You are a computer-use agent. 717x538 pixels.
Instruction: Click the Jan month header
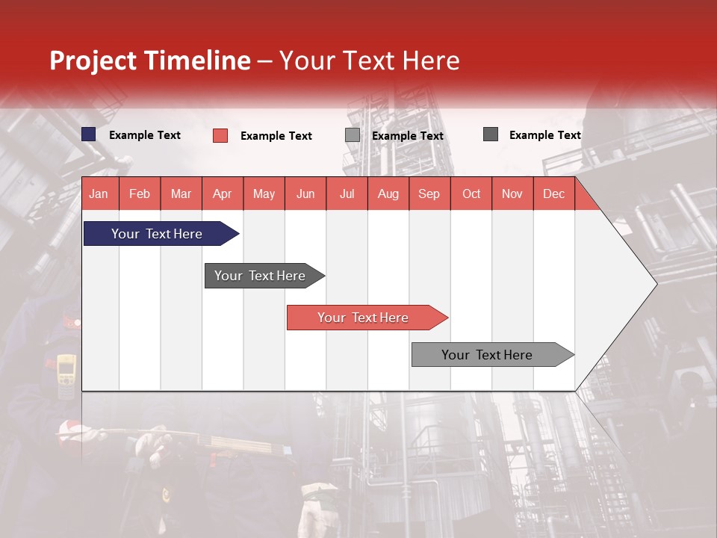(x=99, y=194)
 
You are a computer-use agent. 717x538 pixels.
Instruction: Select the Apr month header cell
(x=222, y=194)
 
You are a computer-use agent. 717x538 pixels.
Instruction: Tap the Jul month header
(x=347, y=194)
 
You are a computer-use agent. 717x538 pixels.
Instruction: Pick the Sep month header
(x=429, y=194)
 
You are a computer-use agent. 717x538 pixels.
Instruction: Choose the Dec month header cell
(x=553, y=194)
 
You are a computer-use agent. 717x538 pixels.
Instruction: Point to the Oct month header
(x=471, y=194)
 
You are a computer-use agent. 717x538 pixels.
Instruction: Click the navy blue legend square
(x=89, y=134)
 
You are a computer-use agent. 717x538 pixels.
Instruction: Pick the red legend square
(x=220, y=135)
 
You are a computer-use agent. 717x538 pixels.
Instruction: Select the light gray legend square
(x=353, y=135)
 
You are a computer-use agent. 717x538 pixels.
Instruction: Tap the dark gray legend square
(x=491, y=134)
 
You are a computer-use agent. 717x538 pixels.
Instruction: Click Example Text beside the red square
(x=276, y=136)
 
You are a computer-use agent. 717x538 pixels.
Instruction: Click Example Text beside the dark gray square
(x=544, y=135)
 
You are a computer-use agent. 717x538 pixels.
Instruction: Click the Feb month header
(x=140, y=194)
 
